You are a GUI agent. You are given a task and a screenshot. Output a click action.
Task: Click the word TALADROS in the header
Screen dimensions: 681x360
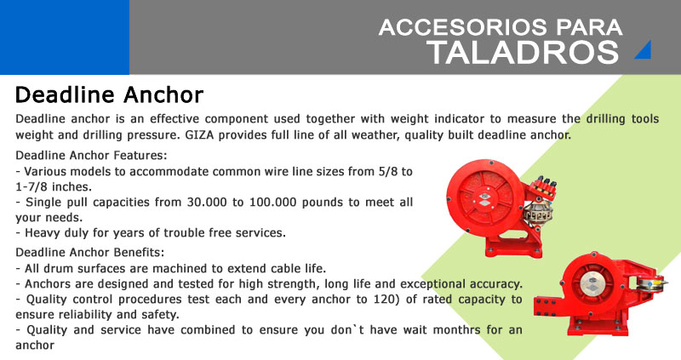point(523,53)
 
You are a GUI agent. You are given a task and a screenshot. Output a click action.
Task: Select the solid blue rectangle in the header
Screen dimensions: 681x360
point(65,37)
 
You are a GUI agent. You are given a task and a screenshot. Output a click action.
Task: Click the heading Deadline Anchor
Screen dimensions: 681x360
point(109,94)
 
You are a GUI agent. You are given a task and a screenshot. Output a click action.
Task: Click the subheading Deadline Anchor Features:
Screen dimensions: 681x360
point(91,155)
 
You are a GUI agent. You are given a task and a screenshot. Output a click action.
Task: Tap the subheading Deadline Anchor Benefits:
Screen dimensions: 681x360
point(90,252)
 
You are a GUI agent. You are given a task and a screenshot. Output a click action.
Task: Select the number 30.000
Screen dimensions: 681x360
point(207,203)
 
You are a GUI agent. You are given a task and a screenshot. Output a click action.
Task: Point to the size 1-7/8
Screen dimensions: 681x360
point(31,186)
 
